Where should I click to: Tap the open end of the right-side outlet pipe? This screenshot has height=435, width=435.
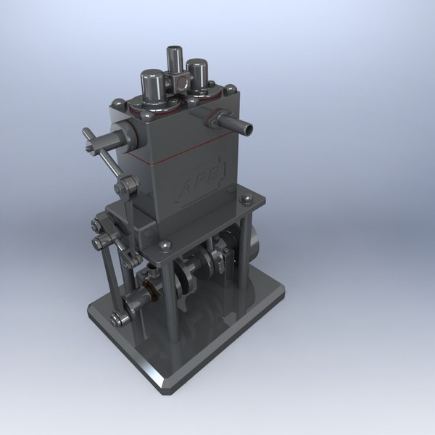(x=249, y=129)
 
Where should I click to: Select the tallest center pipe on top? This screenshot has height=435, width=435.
(x=175, y=59)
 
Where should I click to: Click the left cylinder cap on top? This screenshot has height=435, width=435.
(x=152, y=86)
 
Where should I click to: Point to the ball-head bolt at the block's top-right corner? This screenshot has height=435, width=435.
(x=231, y=89)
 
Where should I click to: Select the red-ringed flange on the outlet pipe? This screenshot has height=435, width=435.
(x=212, y=118)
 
